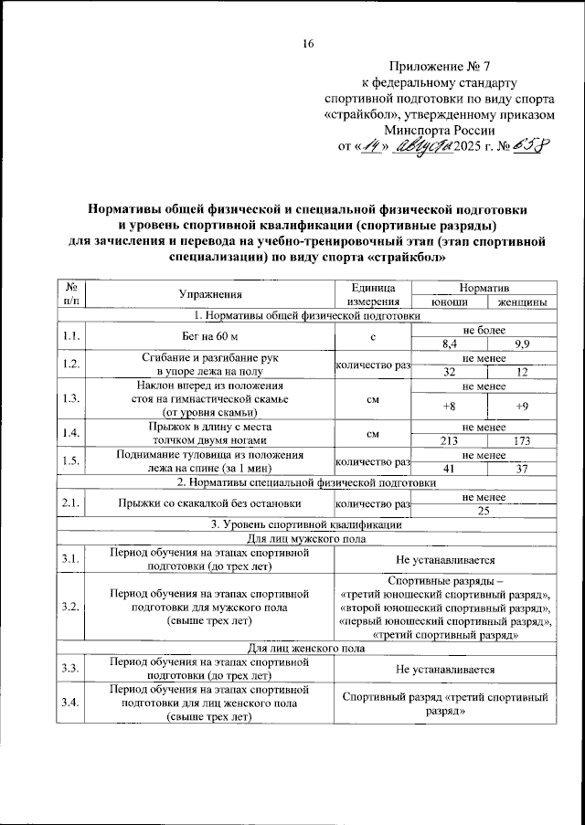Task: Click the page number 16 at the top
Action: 308,45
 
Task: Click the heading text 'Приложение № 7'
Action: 440,67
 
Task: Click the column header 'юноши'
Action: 450,301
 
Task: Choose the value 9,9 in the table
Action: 522,344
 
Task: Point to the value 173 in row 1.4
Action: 522,440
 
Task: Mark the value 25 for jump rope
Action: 485,511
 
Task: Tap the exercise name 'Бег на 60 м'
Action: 210,337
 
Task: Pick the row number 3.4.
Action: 69,703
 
